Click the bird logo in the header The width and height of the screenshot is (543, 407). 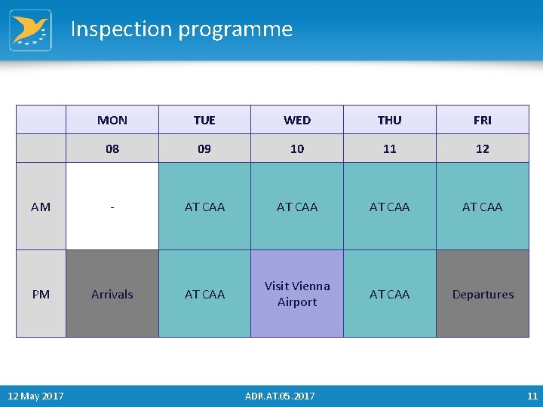click(30, 30)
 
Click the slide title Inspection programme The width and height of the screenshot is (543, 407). click(181, 29)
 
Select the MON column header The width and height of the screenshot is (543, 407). click(112, 120)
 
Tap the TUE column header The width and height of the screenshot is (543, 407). click(204, 120)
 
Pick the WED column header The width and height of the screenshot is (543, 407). click(297, 120)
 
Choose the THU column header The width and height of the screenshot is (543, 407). click(389, 120)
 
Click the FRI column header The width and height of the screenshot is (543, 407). click(483, 120)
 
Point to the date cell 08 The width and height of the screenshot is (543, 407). click(112, 148)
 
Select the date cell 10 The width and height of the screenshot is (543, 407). click(297, 148)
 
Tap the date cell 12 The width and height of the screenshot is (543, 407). click(483, 148)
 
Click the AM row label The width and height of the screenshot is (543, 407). click(41, 207)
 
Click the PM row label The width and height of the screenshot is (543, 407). click(41, 294)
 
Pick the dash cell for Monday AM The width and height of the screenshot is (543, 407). click(112, 207)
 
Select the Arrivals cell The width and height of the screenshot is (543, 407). click(112, 294)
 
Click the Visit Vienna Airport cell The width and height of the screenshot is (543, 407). click(297, 294)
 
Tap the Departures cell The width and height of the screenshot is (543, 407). click(483, 294)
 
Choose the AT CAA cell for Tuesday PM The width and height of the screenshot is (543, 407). click(204, 294)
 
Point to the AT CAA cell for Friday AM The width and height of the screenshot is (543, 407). click(483, 207)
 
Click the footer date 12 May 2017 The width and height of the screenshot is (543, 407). click(35, 396)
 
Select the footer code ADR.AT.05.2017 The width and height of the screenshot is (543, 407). click(280, 396)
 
